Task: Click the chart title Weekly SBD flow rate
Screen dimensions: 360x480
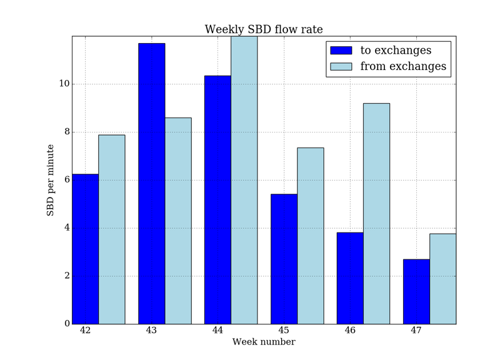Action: [264, 29]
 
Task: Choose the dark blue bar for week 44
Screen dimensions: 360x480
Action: [217, 200]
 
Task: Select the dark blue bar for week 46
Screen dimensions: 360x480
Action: [350, 278]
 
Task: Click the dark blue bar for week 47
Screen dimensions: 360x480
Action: [416, 291]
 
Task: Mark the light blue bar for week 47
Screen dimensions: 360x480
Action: [442, 279]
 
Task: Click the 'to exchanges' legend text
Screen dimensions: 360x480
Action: [396, 51]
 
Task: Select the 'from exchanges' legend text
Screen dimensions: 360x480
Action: [404, 66]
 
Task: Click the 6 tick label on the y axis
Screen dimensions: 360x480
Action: [66, 180]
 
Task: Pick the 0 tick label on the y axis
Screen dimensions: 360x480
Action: [66, 324]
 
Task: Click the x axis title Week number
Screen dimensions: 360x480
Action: [264, 342]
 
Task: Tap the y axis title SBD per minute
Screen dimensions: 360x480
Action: [51, 180]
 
